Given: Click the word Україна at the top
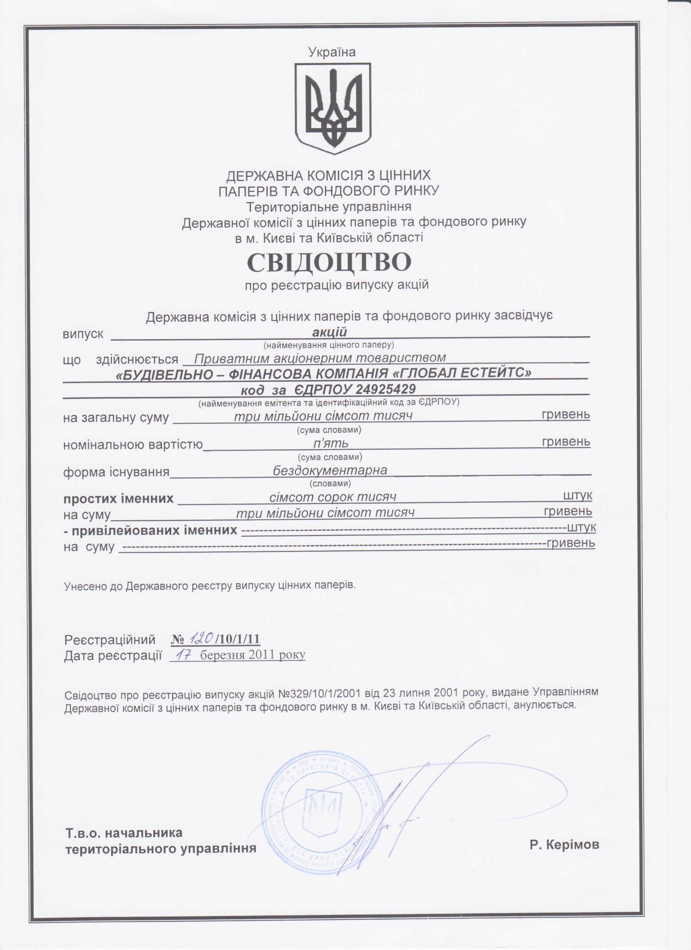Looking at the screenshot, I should [332, 52].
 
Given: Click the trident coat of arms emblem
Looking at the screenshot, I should [333, 108].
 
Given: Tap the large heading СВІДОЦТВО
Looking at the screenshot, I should [329, 262].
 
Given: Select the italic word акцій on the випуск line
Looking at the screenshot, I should [330, 332].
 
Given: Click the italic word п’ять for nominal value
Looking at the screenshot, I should [331, 443].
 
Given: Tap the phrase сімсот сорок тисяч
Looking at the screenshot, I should [333, 497].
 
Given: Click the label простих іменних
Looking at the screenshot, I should [118, 499].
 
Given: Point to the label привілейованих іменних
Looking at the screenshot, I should [154, 530].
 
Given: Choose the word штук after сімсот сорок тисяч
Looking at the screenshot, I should [577, 495].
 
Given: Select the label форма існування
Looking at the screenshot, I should [116, 472].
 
